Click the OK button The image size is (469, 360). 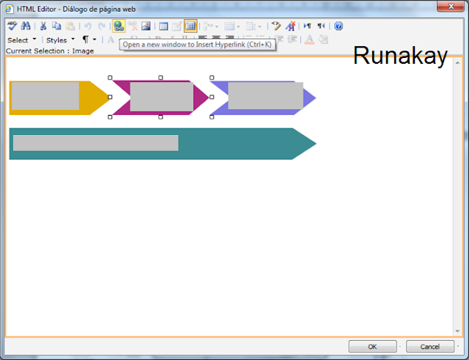[x=372, y=347]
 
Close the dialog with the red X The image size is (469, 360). [x=451, y=7]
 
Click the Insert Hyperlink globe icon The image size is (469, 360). [x=119, y=26]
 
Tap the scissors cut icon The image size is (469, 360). [x=43, y=26]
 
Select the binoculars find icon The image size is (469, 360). [x=26, y=26]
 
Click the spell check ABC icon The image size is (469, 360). [x=12, y=26]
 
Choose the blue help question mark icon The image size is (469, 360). [x=339, y=26]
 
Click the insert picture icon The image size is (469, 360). [x=146, y=26]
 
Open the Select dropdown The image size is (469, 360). [x=21, y=40]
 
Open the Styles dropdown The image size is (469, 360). [x=60, y=40]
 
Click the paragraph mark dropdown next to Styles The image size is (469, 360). [x=89, y=40]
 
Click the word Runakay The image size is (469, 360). [x=400, y=56]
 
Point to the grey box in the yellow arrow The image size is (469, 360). [x=45, y=96]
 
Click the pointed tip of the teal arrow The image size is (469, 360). [x=316, y=144]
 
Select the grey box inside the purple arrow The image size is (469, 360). [x=265, y=96]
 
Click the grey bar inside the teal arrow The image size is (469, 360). [x=96, y=143]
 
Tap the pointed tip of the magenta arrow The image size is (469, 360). [x=208, y=98]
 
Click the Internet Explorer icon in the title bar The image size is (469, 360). [x=10, y=9]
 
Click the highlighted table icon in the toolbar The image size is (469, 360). [x=191, y=26]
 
